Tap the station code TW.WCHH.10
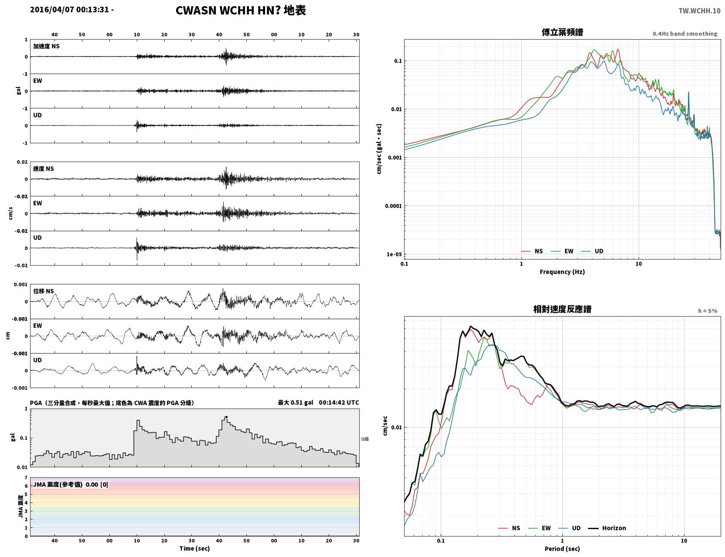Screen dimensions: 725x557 coord(699,11)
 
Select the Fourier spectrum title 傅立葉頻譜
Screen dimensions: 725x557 coord(562,32)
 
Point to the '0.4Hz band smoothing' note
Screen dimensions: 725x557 coord(684,34)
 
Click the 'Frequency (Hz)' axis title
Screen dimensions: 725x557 coord(562,272)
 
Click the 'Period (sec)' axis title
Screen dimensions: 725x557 coord(562,548)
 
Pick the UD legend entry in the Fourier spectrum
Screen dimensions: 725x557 coord(592,251)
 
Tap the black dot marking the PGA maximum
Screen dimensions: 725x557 coord(226,417)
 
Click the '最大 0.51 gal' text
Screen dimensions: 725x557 coord(295,402)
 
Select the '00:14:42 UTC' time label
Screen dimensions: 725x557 coord(339,402)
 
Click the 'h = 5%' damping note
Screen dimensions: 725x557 coord(707,311)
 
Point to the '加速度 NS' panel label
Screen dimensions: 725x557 coord(46,46)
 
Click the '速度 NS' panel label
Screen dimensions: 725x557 coord(43,169)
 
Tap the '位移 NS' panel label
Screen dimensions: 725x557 coord(43,291)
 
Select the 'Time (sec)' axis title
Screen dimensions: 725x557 coord(194,548)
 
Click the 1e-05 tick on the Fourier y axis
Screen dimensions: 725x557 coord(394,254)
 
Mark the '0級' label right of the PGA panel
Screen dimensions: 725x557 coord(365,439)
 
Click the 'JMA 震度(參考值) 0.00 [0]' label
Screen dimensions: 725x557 coord(70,484)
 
